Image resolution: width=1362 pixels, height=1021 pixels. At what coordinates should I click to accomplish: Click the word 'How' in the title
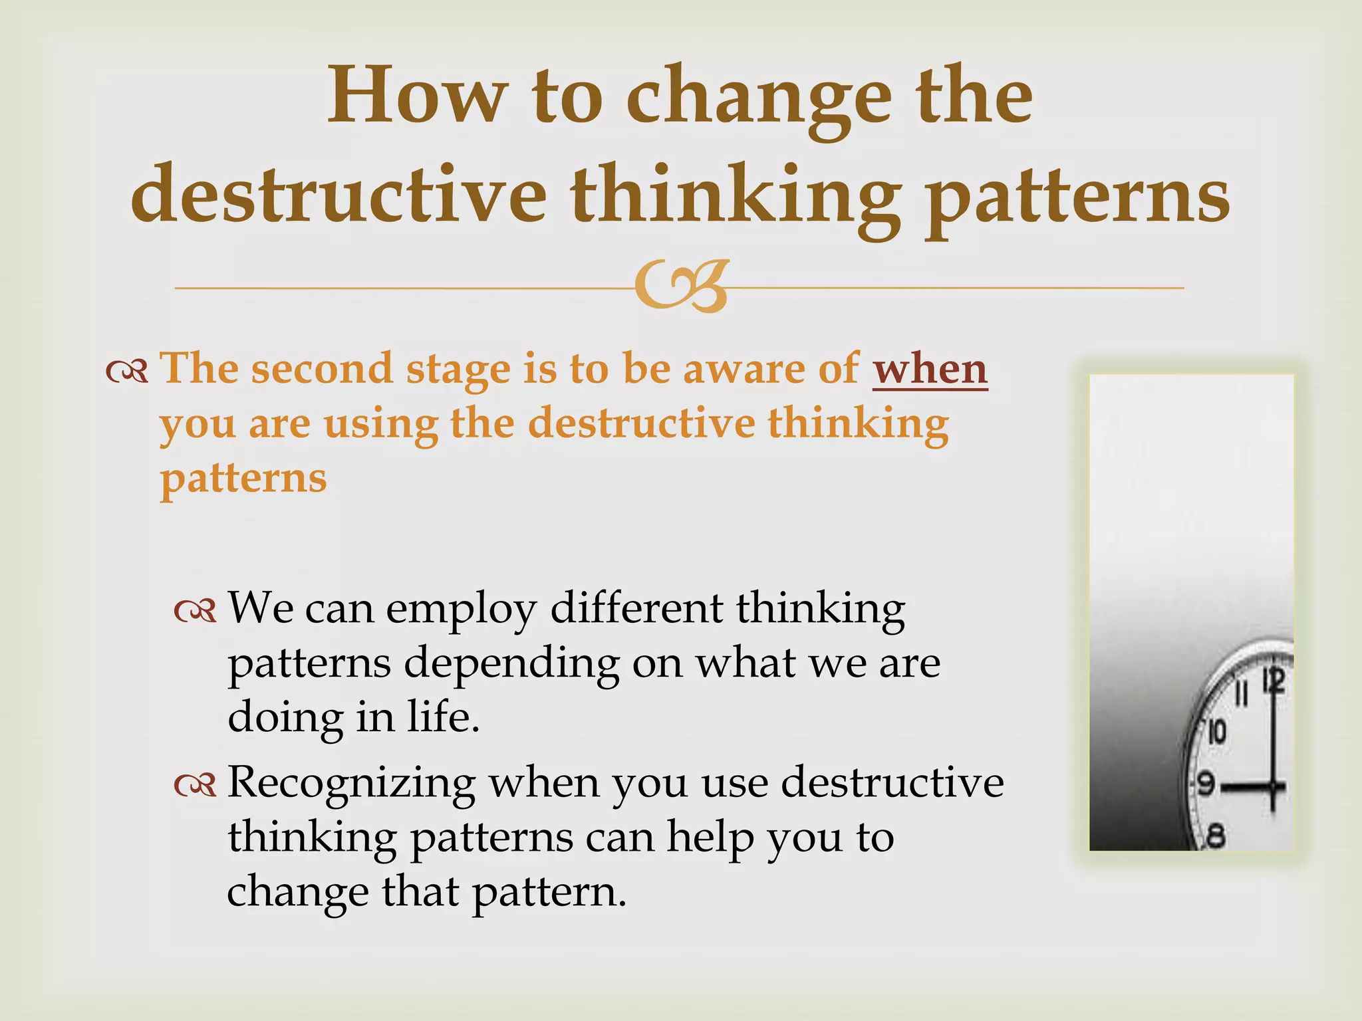(416, 96)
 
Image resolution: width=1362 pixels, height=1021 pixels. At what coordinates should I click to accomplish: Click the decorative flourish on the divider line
(681, 287)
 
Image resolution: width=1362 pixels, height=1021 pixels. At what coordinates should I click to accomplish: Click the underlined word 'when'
(930, 369)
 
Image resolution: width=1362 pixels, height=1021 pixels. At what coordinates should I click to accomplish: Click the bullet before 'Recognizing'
(195, 786)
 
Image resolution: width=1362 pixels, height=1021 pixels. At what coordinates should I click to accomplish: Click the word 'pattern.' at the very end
(549, 892)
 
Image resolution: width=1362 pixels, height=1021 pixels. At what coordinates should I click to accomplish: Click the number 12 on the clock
(1274, 681)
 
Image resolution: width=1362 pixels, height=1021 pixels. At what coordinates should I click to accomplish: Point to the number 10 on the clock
(1216, 732)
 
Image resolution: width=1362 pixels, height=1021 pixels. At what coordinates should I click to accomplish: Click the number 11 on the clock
(1240, 695)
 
